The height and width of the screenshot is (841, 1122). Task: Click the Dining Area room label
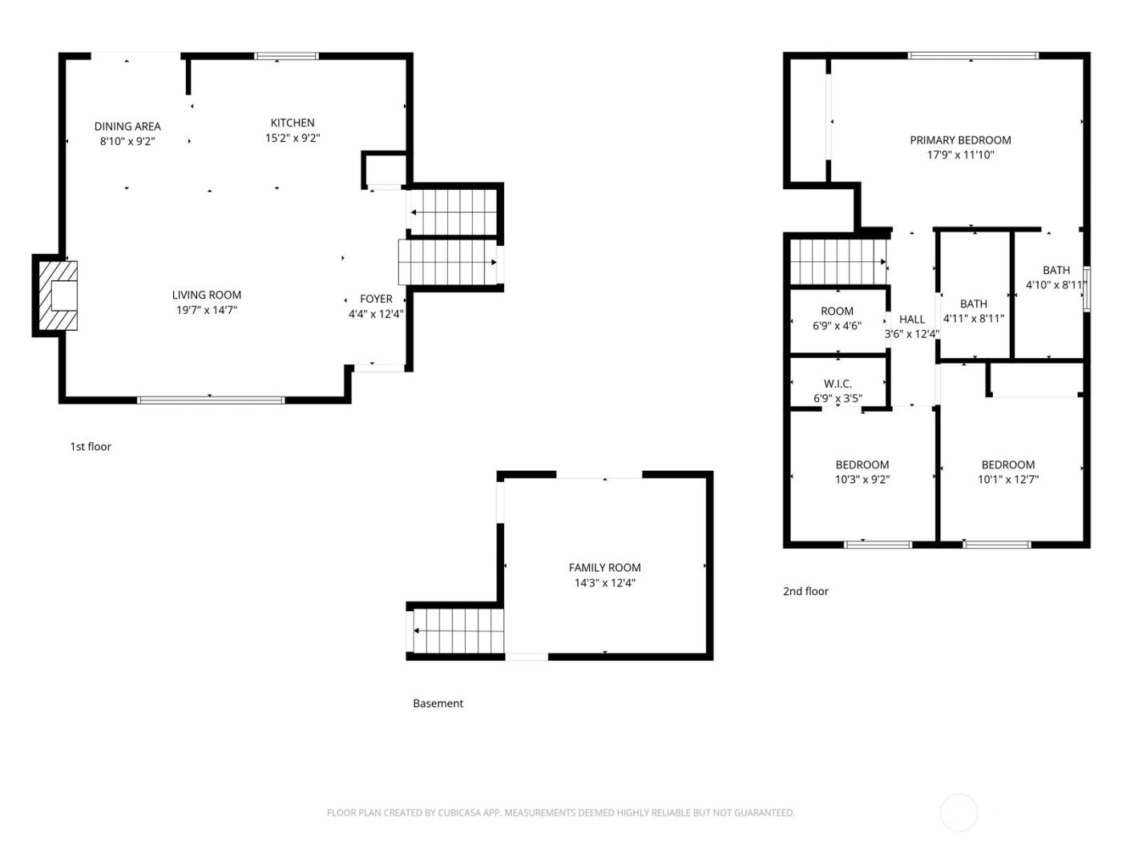point(127,127)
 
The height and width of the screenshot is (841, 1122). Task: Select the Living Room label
point(207,295)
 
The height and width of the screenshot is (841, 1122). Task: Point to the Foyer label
point(376,300)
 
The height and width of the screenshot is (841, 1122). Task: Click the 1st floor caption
point(91,447)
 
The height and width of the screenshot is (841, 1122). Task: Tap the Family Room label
point(604,568)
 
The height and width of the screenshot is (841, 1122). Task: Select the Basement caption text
point(438,704)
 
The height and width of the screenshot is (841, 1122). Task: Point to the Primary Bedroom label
point(960,140)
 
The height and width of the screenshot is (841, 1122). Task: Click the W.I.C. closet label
point(837,384)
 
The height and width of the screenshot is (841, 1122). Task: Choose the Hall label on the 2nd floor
point(912,320)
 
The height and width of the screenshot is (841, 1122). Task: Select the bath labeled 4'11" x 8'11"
point(974,312)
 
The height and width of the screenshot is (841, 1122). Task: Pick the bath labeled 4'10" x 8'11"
point(1055,278)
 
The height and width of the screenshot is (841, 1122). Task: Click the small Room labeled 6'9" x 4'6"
point(837,319)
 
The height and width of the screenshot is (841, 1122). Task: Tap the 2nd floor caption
point(805,592)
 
